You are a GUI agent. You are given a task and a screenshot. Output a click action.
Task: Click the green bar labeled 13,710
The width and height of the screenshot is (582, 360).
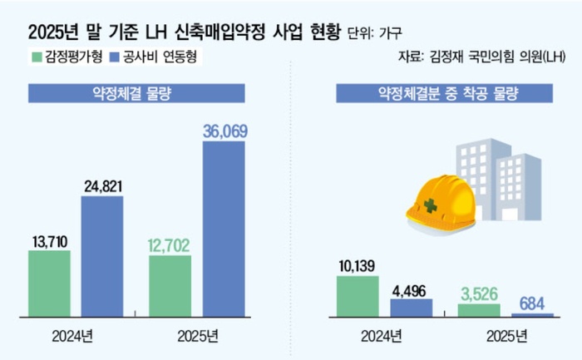pyautogui.click(x=49, y=284)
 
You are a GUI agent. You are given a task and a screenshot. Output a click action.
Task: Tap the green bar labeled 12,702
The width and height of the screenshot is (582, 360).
pyautogui.click(x=170, y=286)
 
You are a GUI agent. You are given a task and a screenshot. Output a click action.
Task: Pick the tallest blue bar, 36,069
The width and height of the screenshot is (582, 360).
pyautogui.click(x=224, y=229)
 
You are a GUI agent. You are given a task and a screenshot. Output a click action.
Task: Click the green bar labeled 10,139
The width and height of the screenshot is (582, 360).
pyautogui.click(x=358, y=296)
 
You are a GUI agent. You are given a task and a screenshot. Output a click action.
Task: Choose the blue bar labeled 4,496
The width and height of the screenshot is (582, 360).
pyautogui.click(x=412, y=308)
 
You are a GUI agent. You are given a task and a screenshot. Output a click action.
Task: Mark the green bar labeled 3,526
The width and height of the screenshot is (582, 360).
pyautogui.click(x=480, y=310)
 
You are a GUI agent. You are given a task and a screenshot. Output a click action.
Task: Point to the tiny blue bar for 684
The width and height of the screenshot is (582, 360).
pyautogui.click(x=533, y=315)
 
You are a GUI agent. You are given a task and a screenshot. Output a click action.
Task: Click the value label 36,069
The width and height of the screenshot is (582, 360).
pyautogui.click(x=224, y=131)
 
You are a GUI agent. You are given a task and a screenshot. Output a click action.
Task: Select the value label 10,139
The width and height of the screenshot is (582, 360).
pyautogui.click(x=358, y=265)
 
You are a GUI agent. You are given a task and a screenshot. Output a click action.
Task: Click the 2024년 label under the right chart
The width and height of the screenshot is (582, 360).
pyautogui.click(x=383, y=336)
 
